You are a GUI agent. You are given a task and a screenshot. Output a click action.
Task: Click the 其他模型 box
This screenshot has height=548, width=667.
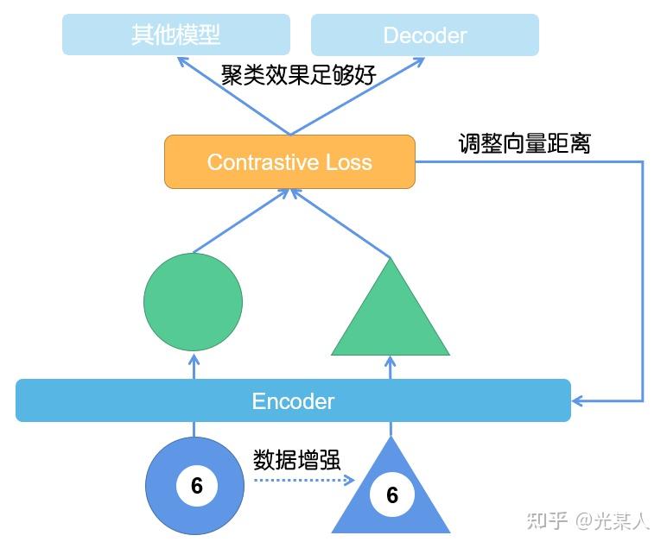coord(175,35)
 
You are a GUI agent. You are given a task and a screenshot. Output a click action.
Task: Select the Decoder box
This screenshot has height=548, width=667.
coord(424,35)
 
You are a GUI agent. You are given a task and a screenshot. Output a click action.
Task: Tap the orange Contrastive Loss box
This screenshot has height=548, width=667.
coord(289,161)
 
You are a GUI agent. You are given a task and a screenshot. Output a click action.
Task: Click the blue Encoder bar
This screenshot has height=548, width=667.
coord(293,400)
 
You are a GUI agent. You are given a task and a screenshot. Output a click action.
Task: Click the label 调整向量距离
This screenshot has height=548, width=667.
coord(524,143)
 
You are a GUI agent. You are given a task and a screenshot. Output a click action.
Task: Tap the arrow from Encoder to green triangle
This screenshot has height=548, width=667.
coord(391,367)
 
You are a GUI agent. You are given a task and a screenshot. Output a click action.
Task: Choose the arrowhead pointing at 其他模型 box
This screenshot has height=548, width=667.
coord(182,61)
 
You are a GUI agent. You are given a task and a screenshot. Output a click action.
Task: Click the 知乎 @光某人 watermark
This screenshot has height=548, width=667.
coord(588,520)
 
